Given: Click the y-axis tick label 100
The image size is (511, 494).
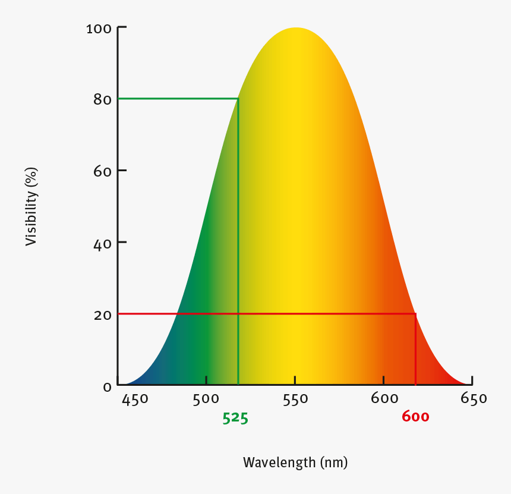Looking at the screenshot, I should [x=98, y=28].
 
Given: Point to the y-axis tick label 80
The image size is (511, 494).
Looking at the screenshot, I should [x=102, y=99].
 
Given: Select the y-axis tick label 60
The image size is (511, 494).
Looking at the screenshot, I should [x=102, y=171].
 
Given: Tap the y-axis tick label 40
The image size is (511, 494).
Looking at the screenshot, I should [x=102, y=243].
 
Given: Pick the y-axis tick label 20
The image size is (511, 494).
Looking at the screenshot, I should [x=102, y=314].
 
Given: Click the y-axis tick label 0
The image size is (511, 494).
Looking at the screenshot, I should [x=107, y=387].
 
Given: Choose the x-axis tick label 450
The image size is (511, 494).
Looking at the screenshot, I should [x=135, y=399].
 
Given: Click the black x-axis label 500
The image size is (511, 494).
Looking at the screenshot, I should [x=206, y=399].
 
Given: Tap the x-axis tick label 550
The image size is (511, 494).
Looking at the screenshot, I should [x=295, y=399].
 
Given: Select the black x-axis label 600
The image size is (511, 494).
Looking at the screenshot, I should [x=384, y=399].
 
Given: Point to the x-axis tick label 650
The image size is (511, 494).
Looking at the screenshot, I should [x=474, y=399].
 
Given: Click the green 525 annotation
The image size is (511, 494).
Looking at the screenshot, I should [x=235, y=418].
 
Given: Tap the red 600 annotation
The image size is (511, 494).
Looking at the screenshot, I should [x=415, y=417].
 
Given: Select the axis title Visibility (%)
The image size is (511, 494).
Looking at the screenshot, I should [x=31, y=206].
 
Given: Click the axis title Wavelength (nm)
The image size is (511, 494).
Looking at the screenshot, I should [x=295, y=462].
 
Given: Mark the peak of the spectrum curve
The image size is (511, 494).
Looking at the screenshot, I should [x=295, y=28].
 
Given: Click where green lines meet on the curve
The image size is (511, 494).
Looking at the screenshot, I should [x=238, y=98].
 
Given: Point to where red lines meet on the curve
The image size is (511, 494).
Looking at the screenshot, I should [x=415, y=313].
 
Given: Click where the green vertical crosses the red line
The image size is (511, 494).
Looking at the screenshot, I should [x=238, y=313].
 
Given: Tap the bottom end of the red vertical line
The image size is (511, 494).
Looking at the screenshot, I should [x=415, y=385].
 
